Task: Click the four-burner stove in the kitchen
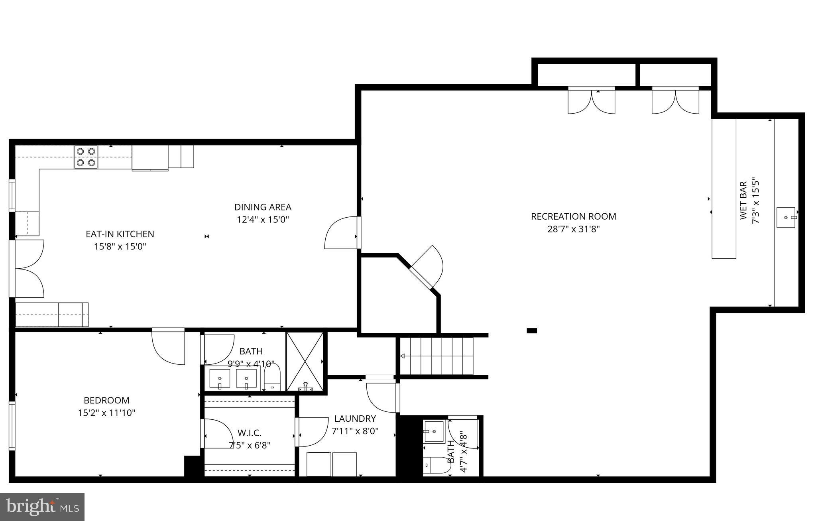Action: click(x=86, y=157)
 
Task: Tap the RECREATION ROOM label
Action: click(x=573, y=216)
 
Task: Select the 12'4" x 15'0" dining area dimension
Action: click(x=262, y=220)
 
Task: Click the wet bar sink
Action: click(x=786, y=217)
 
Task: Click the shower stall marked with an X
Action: click(x=305, y=361)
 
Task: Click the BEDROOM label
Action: click(x=106, y=400)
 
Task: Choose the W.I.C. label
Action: click(x=250, y=433)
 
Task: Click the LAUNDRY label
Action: click(x=355, y=419)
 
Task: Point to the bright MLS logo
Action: click(x=42, y=507)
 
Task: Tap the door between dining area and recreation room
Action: click(x=342, y=233)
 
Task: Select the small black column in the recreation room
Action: click(x=532, y=330)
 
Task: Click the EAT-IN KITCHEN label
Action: click(x=120, y=234)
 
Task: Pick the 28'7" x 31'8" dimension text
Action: click(x=573, y=229)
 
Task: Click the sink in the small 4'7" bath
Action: click(x=434, y=431)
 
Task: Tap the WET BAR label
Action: click(x=743, y=201)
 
